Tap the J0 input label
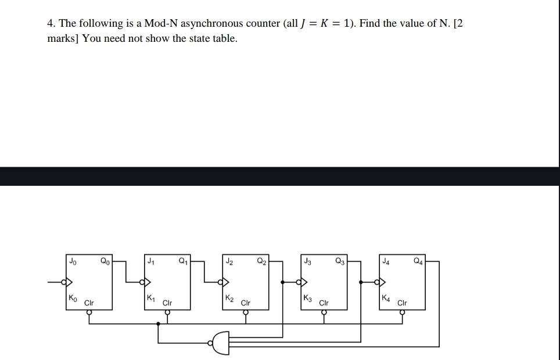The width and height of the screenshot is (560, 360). tap(73, 261)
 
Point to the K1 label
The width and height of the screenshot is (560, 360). tap(150, 298)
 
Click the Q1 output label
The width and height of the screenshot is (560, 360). tap(183, 261)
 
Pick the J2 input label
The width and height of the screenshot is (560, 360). tap(230, 261)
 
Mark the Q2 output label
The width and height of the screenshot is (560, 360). tap(261, 261)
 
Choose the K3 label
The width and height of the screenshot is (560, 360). tap(308, 298)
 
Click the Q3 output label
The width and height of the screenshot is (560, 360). tap(339, 261)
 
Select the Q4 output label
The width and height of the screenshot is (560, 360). tap(417, 261)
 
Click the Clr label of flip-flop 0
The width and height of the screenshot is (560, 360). tap(89, 303)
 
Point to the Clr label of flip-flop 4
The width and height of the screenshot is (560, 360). tap(402, 303)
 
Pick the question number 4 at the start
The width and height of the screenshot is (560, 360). tap(51, 24)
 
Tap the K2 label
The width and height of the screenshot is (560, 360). tap(229, 298)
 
